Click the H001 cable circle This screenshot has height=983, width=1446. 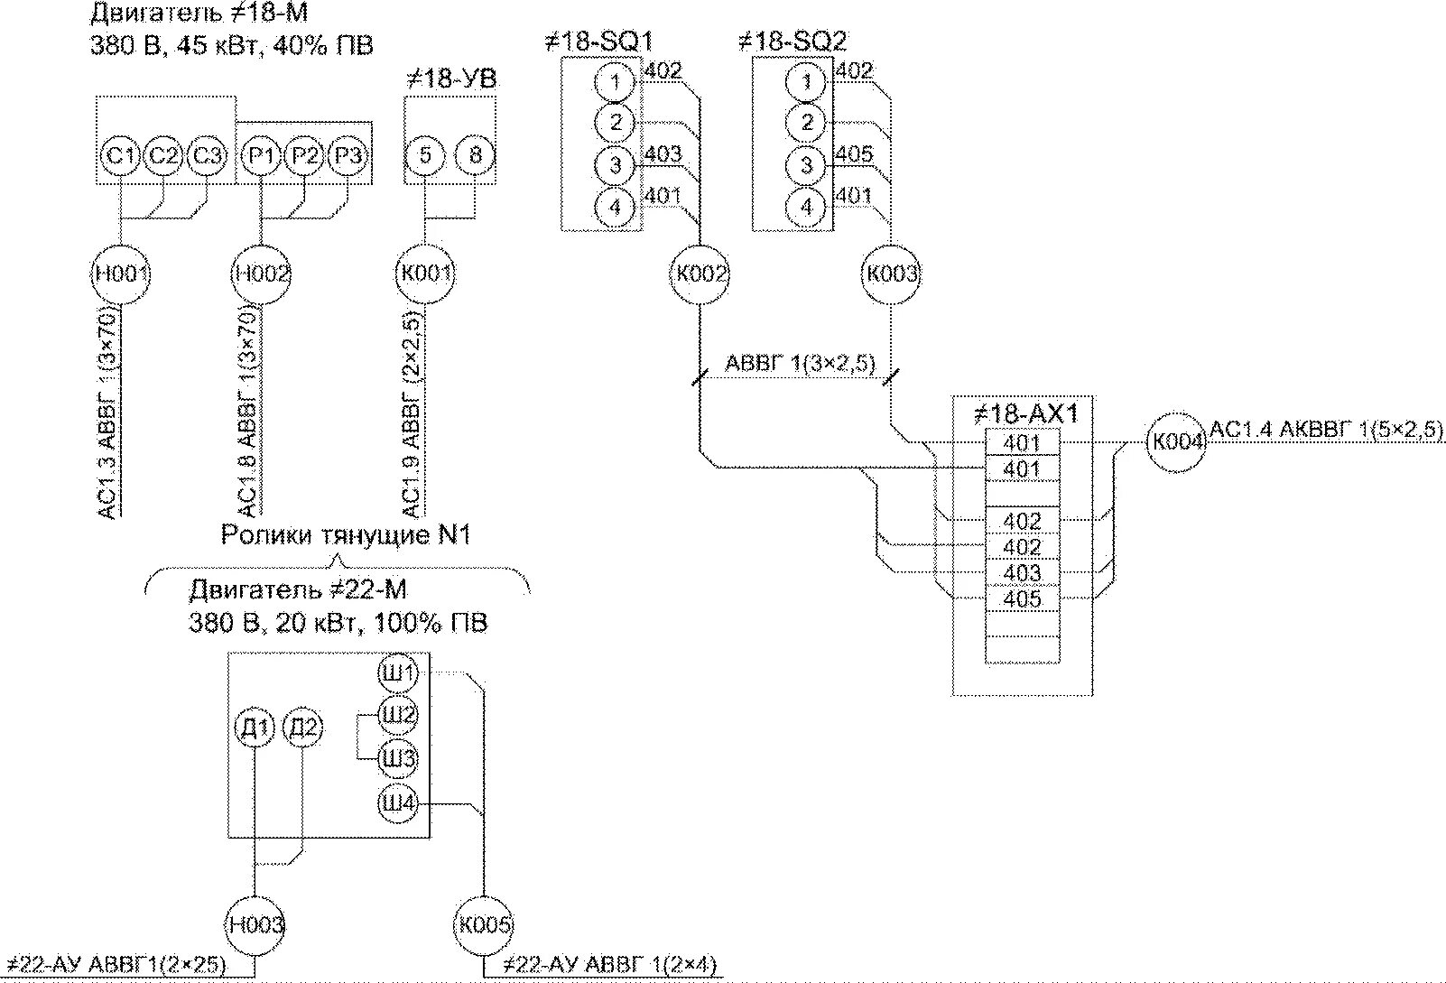(x=121, y=274)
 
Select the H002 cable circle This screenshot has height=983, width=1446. (x=261, y=274)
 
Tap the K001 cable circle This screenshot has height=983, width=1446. (x=425, y=274)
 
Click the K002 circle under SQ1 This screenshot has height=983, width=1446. (x=700, y=274)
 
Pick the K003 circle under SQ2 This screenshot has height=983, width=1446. (x=892, y=274)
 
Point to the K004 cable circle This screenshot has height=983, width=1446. (x=1176, y=442)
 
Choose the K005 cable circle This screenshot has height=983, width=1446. (x=484, y=925)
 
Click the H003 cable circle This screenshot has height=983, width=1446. (x=255, y=925)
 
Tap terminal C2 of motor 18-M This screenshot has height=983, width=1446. (x=163, y=155)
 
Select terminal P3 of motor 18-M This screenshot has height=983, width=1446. (x=348, y=155)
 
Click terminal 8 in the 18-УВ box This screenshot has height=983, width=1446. (x=475, y=155)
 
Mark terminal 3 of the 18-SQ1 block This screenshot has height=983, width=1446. (x=615, y=165)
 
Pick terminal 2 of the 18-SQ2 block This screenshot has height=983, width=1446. (x=806, y=123)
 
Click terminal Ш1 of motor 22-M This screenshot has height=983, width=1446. (x=398, y=672)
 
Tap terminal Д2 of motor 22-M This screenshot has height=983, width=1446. (x=302, y=728)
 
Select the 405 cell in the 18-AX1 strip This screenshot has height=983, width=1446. (x=1023, y=599)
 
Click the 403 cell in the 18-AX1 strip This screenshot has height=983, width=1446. (x=1023, y=573)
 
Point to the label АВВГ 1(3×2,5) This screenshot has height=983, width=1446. (x=801, y=364)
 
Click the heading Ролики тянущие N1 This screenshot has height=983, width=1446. (x=346, y=535)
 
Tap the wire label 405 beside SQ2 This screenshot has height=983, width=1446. (x=854, y=154)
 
